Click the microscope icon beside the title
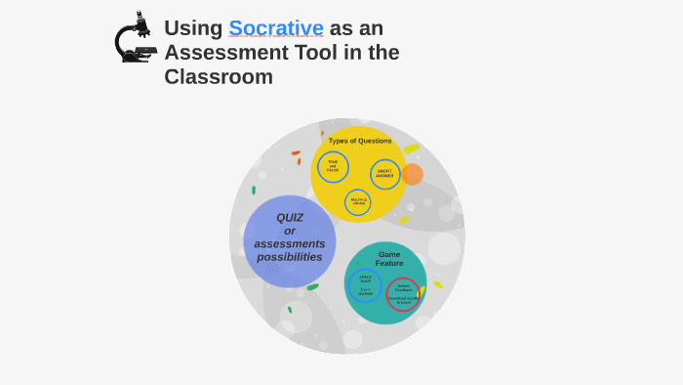135,39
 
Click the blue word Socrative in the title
276,28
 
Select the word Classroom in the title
219,77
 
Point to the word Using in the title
193,28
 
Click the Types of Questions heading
360,141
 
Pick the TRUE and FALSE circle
333,166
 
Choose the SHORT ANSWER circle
385,174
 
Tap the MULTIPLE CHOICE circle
358,202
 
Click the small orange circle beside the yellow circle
413,174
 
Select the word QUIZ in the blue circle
290,218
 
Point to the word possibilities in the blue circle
290,257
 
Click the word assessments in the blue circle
290,244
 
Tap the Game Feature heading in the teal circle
389,259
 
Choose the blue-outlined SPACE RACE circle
365,285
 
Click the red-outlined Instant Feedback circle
403,294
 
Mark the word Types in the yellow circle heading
339,141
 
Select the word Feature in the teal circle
389,264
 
